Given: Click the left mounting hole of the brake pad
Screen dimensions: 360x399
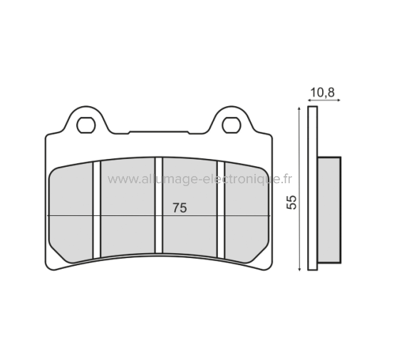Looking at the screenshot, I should (87, 125).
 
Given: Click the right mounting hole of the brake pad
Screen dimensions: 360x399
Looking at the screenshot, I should (231, 125).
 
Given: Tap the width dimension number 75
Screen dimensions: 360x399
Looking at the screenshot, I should (180, 207).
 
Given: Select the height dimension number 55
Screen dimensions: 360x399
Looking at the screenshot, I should (291, 200).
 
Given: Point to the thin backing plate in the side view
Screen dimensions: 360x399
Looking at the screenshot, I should (311, 189).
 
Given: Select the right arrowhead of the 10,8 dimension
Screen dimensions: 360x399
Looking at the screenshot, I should (338, 101).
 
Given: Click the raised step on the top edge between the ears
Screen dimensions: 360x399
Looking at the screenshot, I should (159, 131).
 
